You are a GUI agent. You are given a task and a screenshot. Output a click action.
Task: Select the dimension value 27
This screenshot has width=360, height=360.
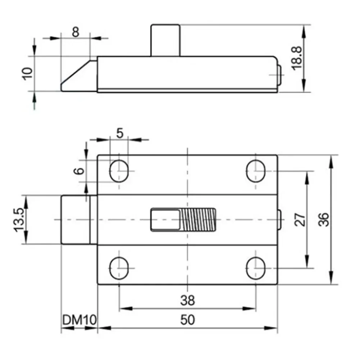pyautogui.click(x=300, y=219)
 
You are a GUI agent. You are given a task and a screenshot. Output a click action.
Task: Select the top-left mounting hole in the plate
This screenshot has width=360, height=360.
pyautogui.click(x=119, y=171)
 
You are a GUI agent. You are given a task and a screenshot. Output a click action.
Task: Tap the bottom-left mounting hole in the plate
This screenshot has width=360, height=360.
pyautogui.click(x=119, y=268)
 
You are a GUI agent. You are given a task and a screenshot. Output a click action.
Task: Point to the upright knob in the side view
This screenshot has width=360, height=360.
pyautogui.click(x=165, y=40)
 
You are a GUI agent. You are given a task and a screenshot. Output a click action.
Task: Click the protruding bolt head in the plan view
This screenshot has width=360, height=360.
pyautogui.click(x=76, y=219)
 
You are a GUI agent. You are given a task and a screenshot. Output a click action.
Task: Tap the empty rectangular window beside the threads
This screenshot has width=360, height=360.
pyautogui.click(x=165, y=219)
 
